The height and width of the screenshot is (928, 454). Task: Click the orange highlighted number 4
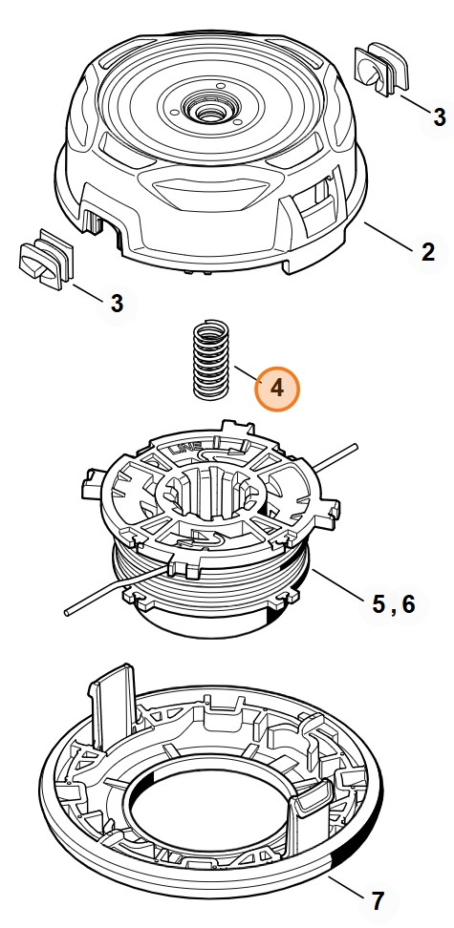point(276,390)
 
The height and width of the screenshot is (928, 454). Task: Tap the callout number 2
point(428,252)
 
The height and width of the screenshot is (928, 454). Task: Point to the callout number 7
point(378,899)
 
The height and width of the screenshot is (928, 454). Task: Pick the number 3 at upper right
point(439,116)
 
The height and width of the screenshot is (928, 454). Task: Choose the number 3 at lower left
point(117,303)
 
